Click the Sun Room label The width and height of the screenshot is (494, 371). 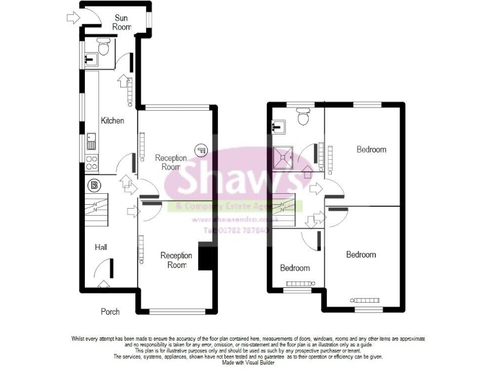[x=122, y=23]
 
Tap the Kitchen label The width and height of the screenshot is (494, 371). [x=112, y=120]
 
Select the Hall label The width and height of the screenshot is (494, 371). [x=101, y=247]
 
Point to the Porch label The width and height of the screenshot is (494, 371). [x=110, y=312]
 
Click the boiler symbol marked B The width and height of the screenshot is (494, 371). [x=95, y=185]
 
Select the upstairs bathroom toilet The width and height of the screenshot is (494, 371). [x=303, y=116]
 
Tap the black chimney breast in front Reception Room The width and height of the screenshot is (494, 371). [x=206, y=257]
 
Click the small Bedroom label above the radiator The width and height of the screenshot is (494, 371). [x=295, y=268]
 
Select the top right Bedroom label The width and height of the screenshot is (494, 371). [x=371, y=149]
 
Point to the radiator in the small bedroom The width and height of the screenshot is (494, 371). [x=298, y=283]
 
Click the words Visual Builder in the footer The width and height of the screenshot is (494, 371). [x=267, y=363]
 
